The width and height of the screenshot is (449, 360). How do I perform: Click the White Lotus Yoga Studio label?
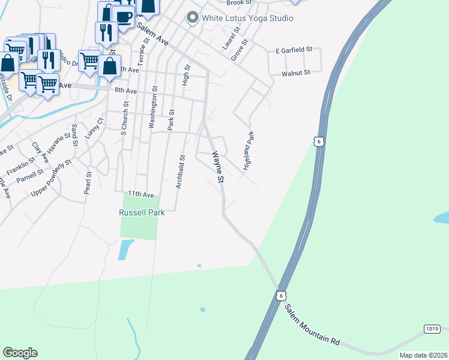[247, 18]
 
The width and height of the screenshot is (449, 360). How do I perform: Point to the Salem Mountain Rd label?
[312, 328]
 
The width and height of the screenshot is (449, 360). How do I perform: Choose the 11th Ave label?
[141, 195]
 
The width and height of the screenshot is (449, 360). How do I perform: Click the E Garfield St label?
[294, 50]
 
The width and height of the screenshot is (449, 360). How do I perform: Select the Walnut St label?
[295, 73]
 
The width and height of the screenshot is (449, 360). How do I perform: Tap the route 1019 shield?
[432, 329]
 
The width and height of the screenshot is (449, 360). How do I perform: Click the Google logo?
[20, 353]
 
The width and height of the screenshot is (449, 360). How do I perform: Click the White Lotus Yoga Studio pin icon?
[193, 18]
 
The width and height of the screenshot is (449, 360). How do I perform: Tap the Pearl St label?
[88, 183]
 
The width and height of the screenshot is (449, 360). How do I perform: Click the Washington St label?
[154, 107]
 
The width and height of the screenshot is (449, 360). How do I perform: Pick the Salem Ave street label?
[152, 35]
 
